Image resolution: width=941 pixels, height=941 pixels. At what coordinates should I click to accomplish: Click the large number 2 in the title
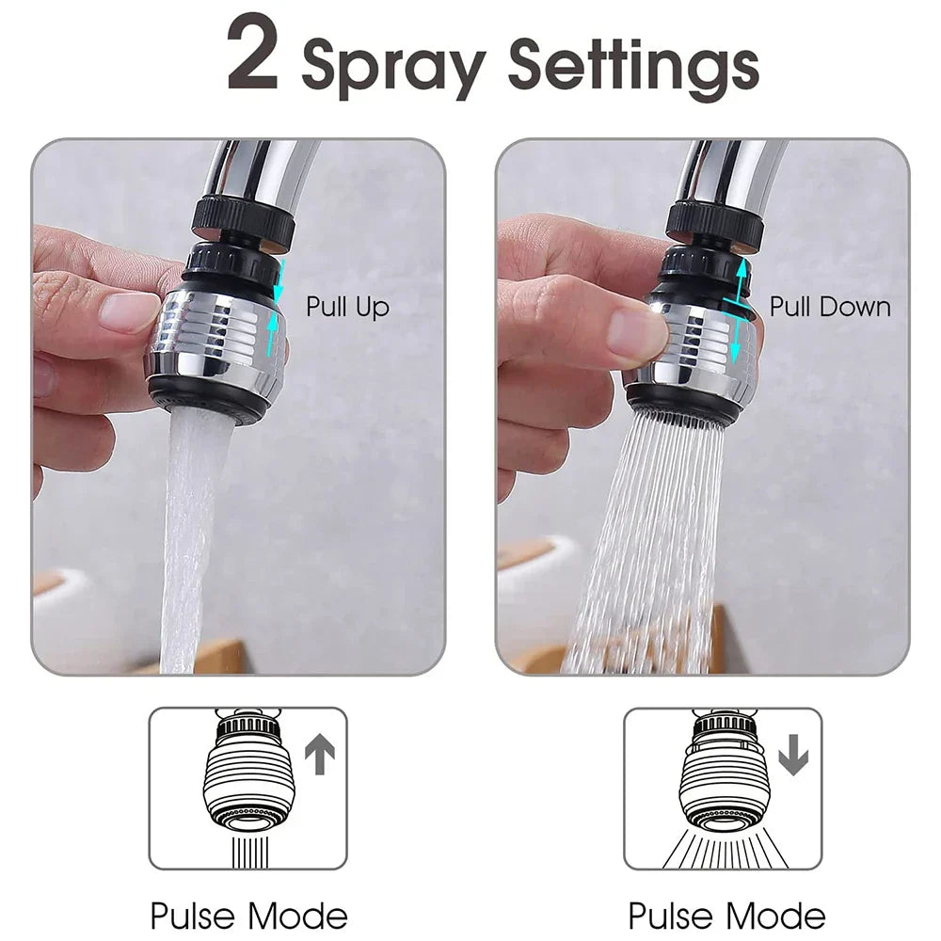[x=253, y=56]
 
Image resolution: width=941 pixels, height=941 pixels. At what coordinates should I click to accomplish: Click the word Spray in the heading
[x=393, y=67]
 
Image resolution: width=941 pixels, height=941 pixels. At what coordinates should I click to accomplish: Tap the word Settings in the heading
[x=633, y=67]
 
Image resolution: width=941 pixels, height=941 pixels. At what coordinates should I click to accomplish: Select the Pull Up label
[x=347, y=307]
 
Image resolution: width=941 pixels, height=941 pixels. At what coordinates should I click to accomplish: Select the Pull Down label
[x=829, y=307]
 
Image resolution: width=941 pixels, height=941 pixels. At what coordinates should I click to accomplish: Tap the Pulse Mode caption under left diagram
[x=248, y=915]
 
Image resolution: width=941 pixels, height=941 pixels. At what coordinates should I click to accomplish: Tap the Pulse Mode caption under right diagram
[x=726, y=915]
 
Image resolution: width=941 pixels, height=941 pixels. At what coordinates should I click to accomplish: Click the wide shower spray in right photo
[x=649, y=546]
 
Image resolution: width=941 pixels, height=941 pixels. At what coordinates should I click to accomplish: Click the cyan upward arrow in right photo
[x=742, y=279]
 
